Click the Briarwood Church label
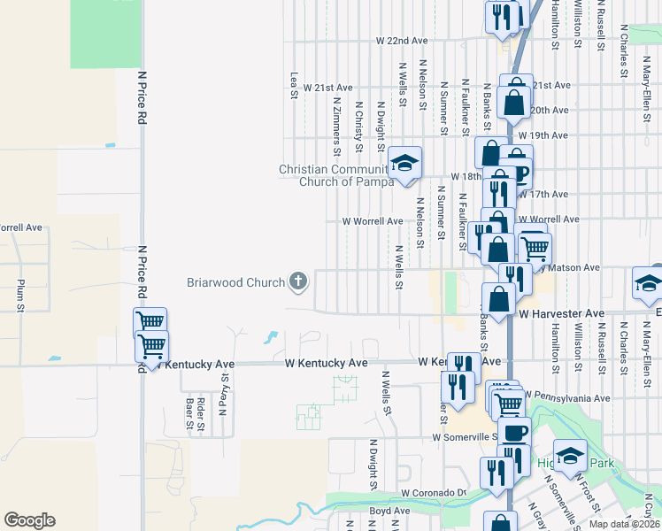point(235,283)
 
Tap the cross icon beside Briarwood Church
point(298,283)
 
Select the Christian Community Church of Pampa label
point(335,175)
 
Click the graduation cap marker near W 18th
point(405,164)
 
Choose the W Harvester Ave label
point(561,314)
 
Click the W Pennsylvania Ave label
point(567,397)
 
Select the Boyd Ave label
point(389,511)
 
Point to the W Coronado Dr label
point(433,493)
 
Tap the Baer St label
point(189,412)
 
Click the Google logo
point(29,520)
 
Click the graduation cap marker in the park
point(571,457)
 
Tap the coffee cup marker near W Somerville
point(514,434)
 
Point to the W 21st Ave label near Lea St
point(327,88)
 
